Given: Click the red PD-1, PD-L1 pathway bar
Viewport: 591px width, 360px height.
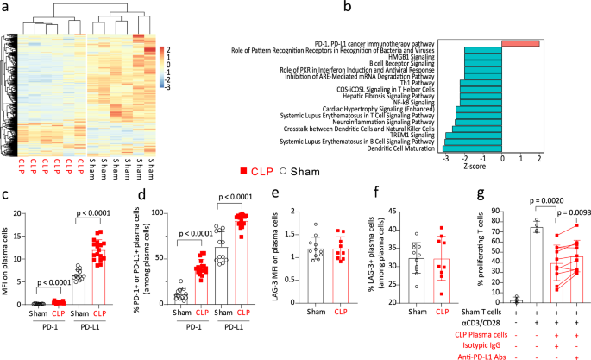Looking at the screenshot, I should coord(520,43).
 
